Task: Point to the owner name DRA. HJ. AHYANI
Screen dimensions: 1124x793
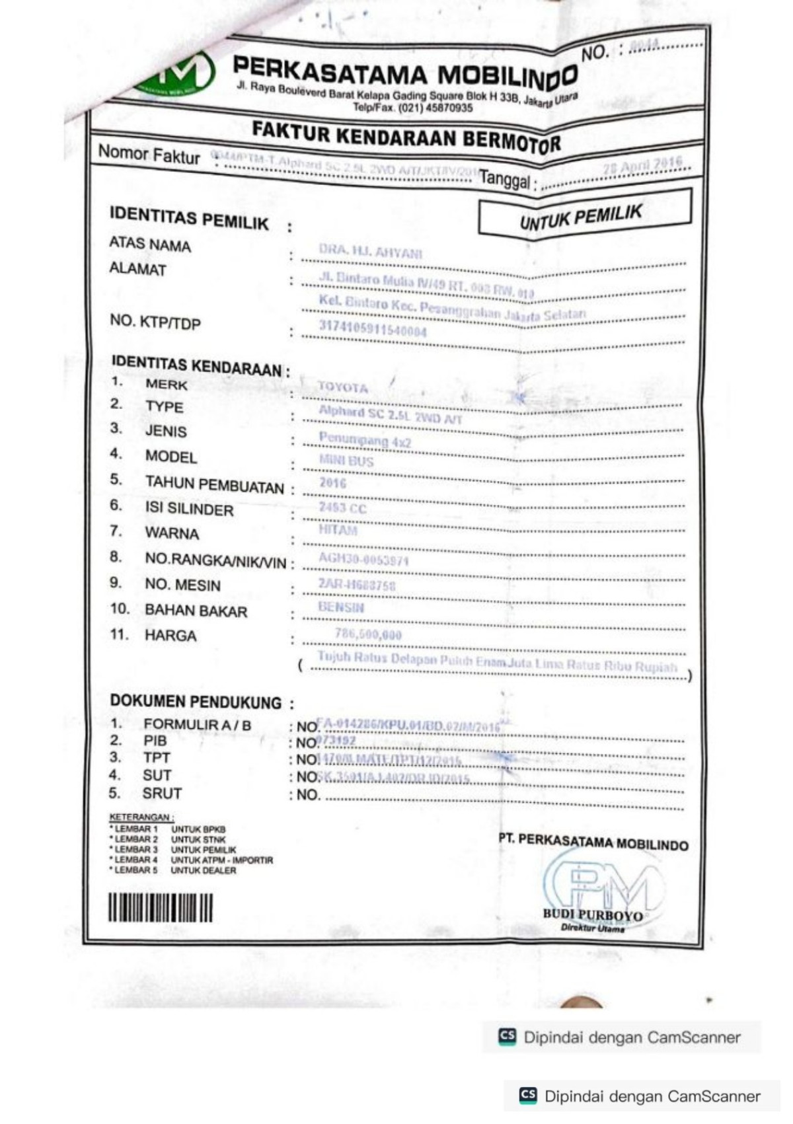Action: pos(370,252)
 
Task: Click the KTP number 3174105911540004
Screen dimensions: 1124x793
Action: pos(373,328)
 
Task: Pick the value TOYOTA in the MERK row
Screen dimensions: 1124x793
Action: pos(342,387)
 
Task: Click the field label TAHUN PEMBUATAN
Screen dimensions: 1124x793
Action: pos(214,486)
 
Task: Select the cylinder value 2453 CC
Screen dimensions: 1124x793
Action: pos(342,507)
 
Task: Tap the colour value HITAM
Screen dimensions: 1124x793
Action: pos(338,530)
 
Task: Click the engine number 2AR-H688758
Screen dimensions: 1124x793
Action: pos(357,584)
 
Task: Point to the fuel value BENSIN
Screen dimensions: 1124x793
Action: pos(341,607)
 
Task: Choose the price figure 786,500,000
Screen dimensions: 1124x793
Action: pos(368,634)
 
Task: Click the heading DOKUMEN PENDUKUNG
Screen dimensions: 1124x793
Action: pos(196,701)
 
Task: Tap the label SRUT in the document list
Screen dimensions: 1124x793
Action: pos(162,794)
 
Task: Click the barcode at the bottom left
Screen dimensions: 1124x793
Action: pos(161,908)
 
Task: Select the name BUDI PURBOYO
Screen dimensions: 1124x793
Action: pos(592,915)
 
